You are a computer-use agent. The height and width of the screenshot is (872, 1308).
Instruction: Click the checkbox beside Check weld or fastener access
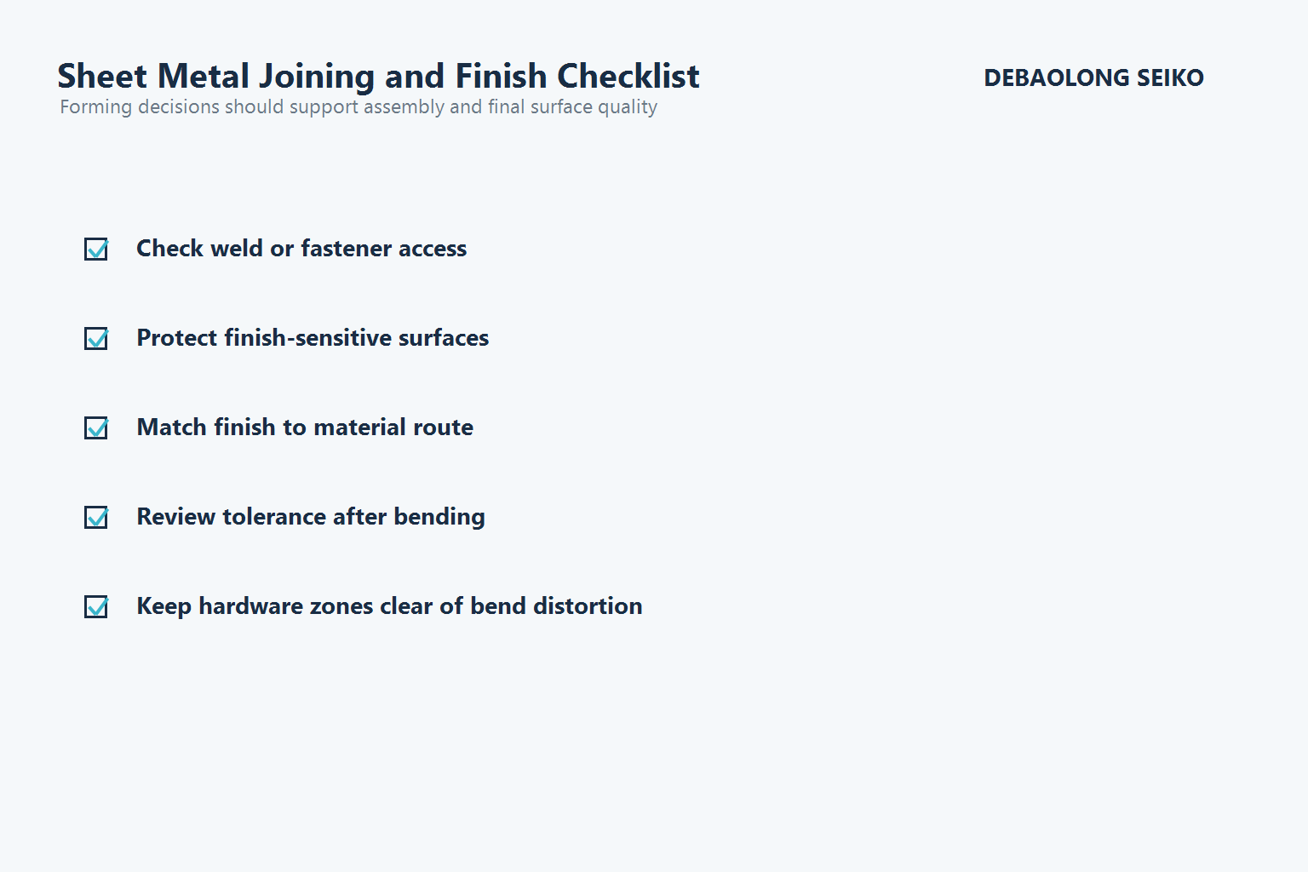pyautogui.click(x=96, y=249)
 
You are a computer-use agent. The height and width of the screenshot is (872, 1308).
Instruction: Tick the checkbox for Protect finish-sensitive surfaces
pyautogui.click(x=96, y=338)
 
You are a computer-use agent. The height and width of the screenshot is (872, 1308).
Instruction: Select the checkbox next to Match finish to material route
pyautogui.click(x=96, y=427)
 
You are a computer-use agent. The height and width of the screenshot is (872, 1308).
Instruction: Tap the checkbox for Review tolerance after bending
pyautogui.click(x=96, y=517)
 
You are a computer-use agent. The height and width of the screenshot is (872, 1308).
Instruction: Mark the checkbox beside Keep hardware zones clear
pyautogui.click(x=96, y=606)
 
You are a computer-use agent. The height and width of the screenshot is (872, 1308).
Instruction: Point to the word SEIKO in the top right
pyautogui.click(x=1170, y=77)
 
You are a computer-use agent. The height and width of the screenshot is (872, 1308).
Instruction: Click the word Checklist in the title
pyautogui.click(x=628, y=77)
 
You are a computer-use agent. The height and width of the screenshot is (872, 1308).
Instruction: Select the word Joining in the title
pyautogui.click(x=317, y=77)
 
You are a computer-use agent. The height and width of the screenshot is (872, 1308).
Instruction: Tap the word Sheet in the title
pyautogui.click(x=102, y=77)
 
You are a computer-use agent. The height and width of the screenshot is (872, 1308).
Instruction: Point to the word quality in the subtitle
pyautogui.click(x=628, y=107)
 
